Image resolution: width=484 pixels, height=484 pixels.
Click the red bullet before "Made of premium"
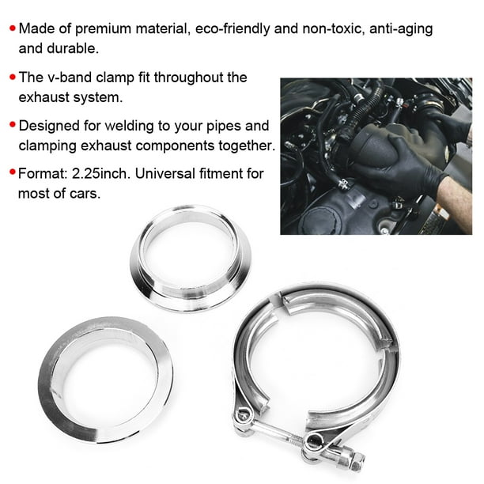point(12,29)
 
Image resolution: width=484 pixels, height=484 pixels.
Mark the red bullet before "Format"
point(12,174)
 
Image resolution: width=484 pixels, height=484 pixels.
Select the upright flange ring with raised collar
point(191,258)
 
